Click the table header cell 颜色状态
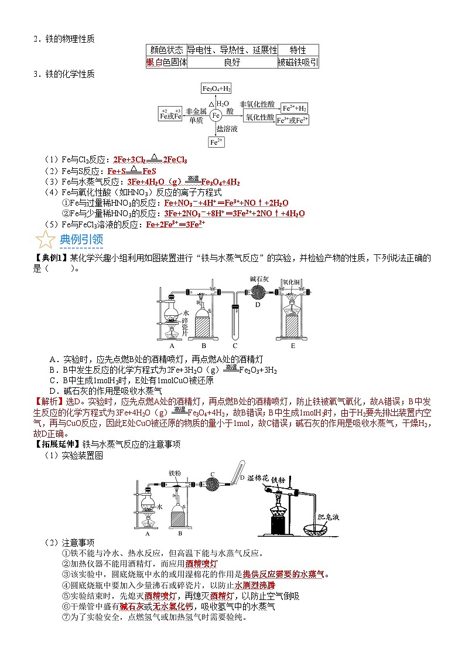pyautogui.click(x=167, y=50)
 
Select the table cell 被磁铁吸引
pyautogui.click(x=298, y=62)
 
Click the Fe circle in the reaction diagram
pyautogui.click(x=216, y=115)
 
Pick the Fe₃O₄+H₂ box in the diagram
pyautogui.click(x=216, y=89)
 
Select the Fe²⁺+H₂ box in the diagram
pyautogui.click(x=295, y=108)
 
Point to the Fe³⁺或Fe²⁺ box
pyautogui.click(x=293, y=120)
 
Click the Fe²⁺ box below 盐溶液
pyautogui.click(x=216, y=142)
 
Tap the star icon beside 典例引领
pyautogui.click(x=45, y=240)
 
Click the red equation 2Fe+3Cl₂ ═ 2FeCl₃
pyautogui.click(x=150, y=159)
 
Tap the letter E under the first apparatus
pyautogui.click(x=293, y=346)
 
